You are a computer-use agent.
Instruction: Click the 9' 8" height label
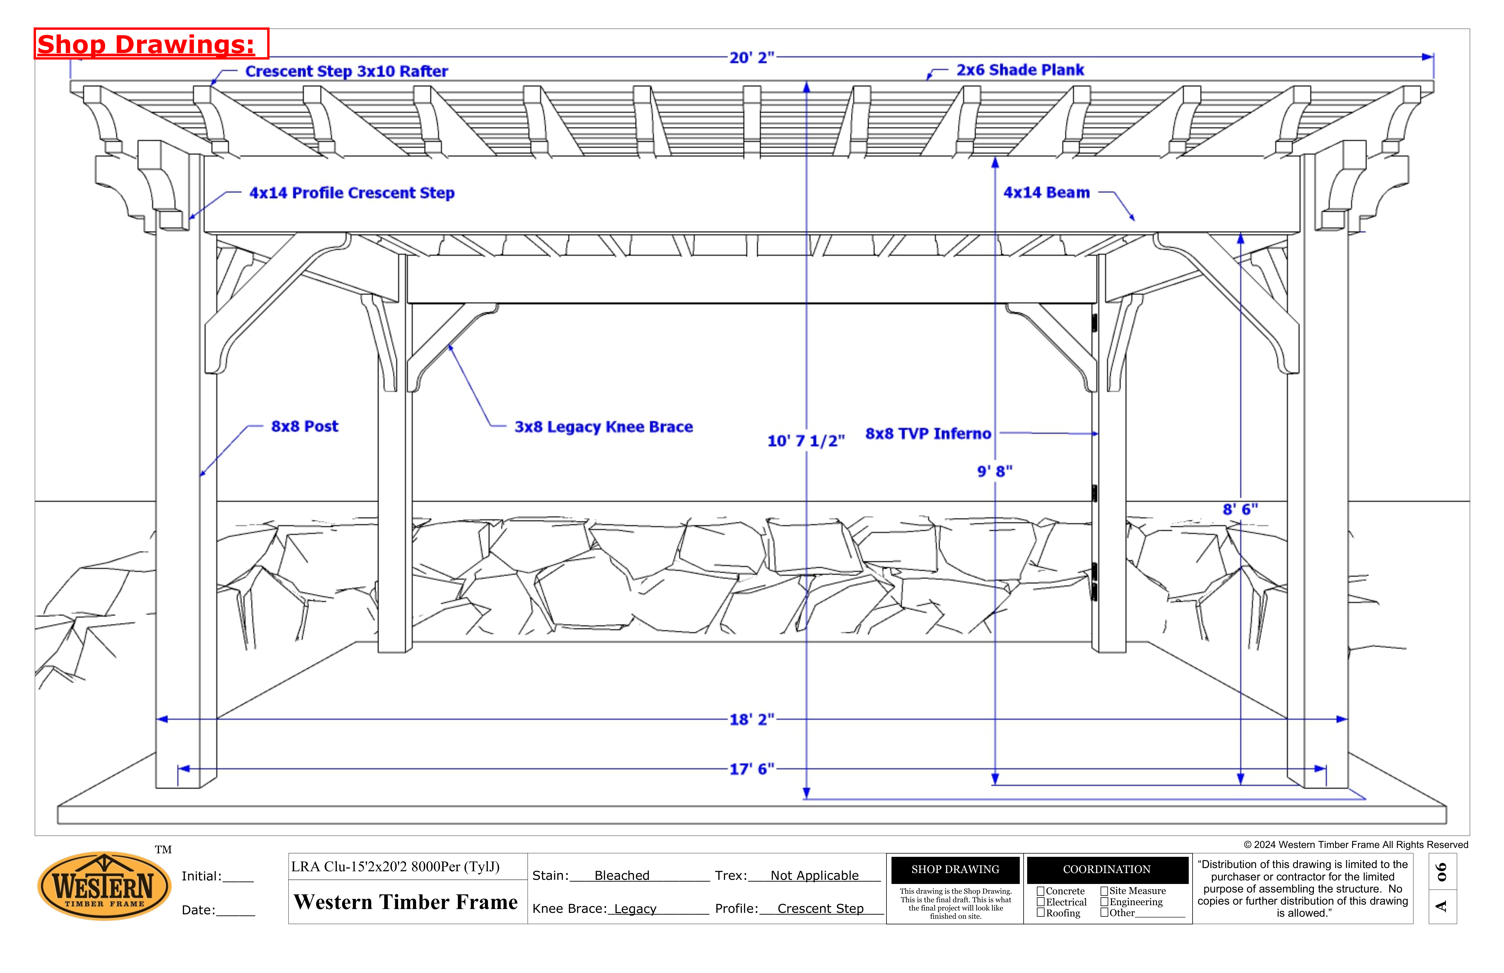995,471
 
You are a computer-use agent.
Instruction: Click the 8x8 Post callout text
305,426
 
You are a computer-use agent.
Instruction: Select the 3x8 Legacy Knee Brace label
603,427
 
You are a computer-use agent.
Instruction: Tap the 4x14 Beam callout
1047,193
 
